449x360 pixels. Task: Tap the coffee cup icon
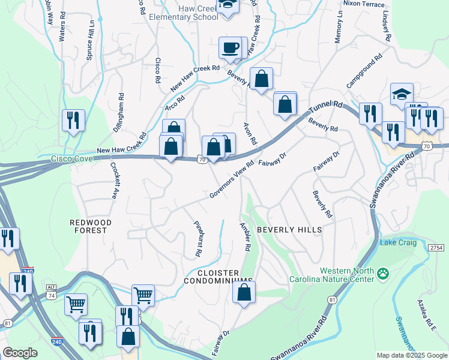tap(230, 47)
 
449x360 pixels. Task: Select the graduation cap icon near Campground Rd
tap(401, 94)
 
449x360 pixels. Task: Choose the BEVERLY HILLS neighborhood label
tap(289, 230)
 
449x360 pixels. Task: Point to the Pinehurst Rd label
tap(197, 239)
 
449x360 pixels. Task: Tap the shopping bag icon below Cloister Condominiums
tap(244, 293)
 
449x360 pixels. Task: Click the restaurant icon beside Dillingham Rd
tap(73, 120)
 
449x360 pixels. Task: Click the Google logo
tap(20, 353)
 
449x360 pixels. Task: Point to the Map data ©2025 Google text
tap(411, 355)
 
